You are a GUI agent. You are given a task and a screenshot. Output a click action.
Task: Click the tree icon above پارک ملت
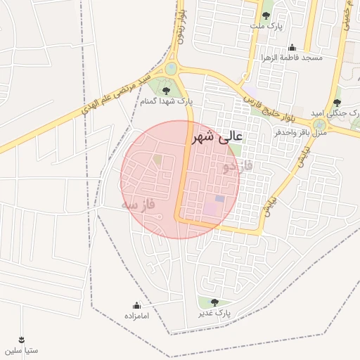pyautogui.click(x=266, y=15)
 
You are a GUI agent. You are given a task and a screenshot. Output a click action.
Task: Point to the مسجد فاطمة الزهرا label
pyautogui.click(x=292, y=58)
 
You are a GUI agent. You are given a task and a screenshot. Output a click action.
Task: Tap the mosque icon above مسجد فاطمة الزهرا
pyautogui.click(x=292, y=47)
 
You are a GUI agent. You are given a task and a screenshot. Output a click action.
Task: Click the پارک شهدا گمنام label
pyautogui.click(x=167, y=102)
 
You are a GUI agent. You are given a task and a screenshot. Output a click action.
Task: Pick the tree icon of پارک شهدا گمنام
pyautogui.click(x=166, y=91)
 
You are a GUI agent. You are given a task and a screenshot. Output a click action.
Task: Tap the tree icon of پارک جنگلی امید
pyautogui.click(x=337, y=103)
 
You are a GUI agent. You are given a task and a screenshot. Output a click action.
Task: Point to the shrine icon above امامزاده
pyautogui.click(x=136, y=306)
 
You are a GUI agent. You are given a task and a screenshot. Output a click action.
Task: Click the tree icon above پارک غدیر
pyautogui.click(x=214, y=302)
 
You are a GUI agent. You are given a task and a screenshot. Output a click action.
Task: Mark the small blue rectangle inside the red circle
pyautogui.click(x=219, y=199)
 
